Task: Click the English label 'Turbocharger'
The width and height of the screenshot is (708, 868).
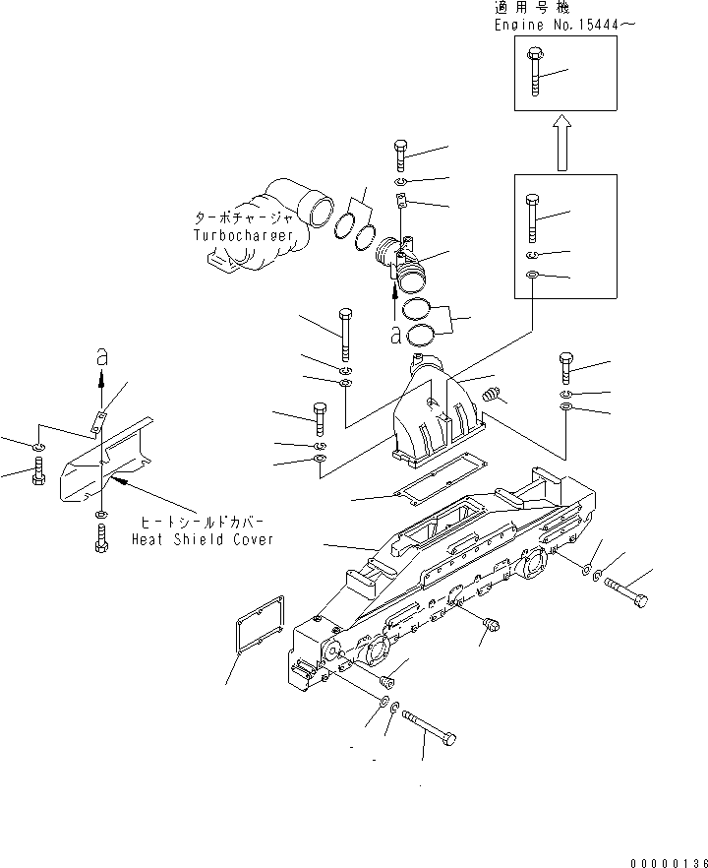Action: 244,236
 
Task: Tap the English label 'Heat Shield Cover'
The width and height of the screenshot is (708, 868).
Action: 203,539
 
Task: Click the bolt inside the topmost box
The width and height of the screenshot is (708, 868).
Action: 534,70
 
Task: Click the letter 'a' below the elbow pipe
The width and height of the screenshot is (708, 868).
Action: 395,335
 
